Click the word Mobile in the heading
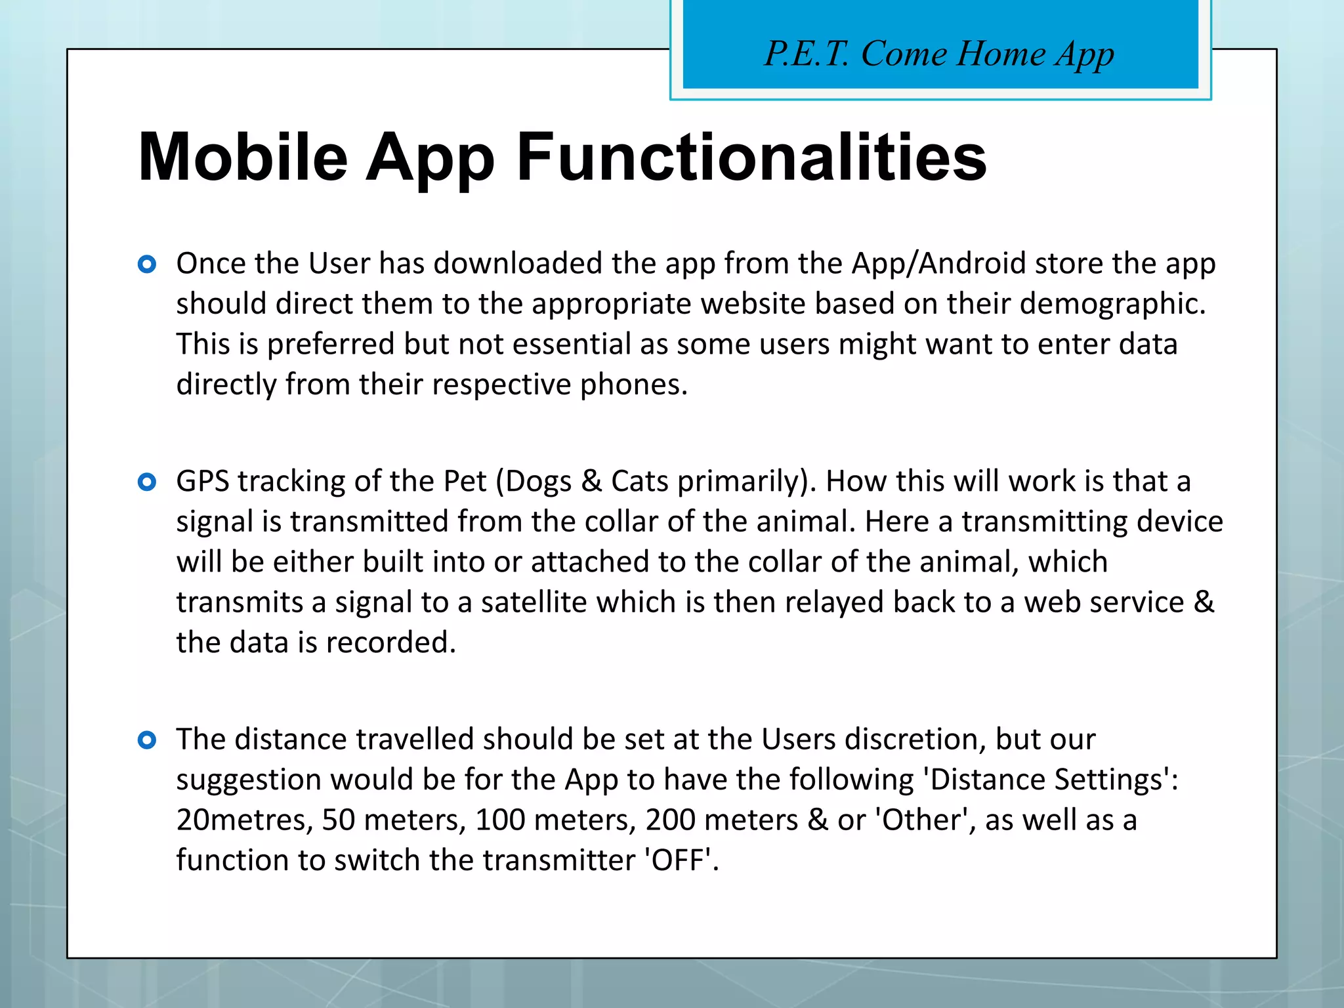click(243, 157)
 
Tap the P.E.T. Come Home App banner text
click(939, 53)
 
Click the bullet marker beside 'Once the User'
click(147, 264)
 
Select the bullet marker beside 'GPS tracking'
click(147, 482)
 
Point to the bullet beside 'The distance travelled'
click(147, 740)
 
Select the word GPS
click(202, 482)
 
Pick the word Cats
click(640, 482)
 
